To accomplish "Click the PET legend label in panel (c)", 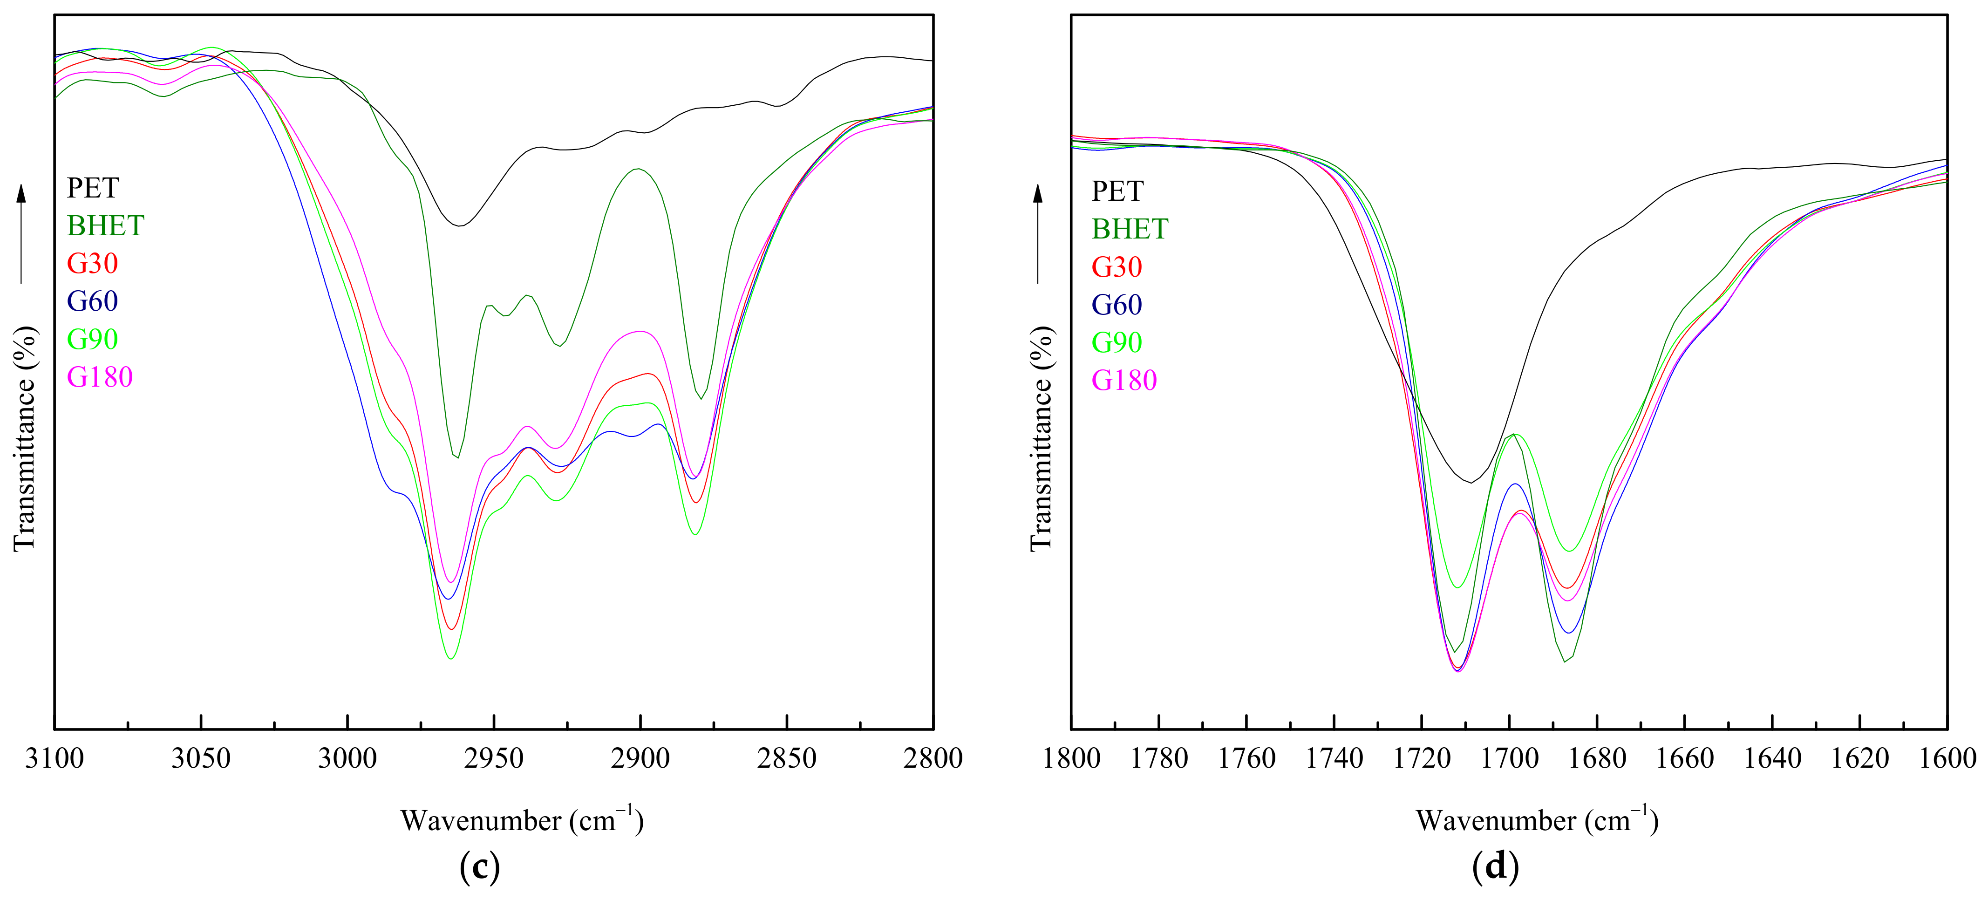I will [x=93, y=188].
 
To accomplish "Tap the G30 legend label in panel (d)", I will [x=1117, y=267].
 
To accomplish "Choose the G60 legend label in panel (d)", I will [x=1117, y=305].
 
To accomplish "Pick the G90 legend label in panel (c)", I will [x=93, y=339].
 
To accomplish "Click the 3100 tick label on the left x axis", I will [x=54, y=759].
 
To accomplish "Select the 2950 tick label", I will [x=494, y=759].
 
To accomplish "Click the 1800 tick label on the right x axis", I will [x=1071, y=759].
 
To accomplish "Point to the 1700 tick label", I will [x=1510, y=759].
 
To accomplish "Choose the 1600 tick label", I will [x=1947, y=759].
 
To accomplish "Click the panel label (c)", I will [x=479, y=867].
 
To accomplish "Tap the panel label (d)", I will [x=1496, y=867].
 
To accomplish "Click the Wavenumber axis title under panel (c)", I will [x=522, y=820].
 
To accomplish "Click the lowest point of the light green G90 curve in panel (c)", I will [x=451, y=658].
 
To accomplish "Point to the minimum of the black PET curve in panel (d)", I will [x=1471, y=483].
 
